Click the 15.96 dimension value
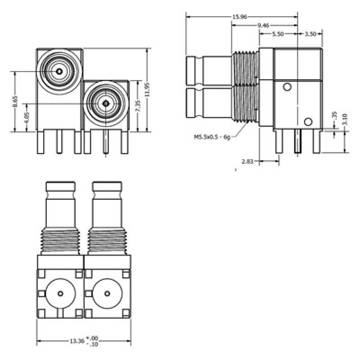point(240,17)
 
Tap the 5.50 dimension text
point(277,34)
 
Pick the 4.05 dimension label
point(27,117)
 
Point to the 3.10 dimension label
point(345,118)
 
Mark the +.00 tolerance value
point(92,338)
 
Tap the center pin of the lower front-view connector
point(106,103)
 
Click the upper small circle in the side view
point(288,87)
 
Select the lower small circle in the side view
point(308,122)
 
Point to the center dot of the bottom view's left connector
point(61,293)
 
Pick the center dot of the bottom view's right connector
point(107,293)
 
